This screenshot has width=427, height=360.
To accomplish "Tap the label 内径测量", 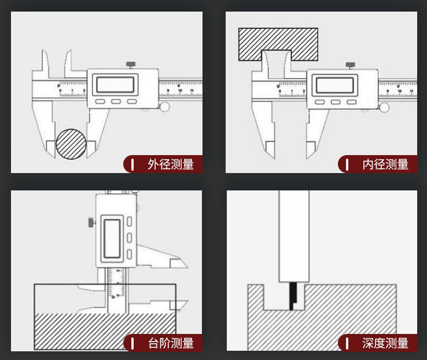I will [385, 164].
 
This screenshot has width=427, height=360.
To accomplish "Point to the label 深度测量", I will [385, 343].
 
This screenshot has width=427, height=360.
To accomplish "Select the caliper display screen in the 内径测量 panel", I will [334, 85].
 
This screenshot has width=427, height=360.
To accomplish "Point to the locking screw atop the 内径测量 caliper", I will [349, 65].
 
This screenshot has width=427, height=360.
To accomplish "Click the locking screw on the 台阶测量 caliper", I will [91, 222].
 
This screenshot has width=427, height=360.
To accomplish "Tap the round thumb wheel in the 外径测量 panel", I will [165, 106].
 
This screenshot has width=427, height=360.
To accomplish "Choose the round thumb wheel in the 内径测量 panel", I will [384, 106].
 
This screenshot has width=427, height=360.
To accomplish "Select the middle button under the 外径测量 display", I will [116, 102].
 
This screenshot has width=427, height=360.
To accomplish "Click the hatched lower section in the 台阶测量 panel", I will [104, 330].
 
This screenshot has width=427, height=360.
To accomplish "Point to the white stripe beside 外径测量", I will [133, 164].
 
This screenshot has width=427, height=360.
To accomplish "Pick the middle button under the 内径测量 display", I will [335, 102].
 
